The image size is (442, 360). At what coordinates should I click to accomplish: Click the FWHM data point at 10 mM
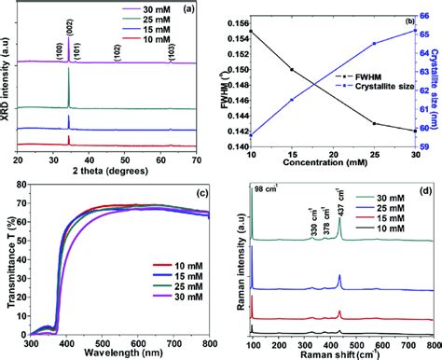tap(252, 32)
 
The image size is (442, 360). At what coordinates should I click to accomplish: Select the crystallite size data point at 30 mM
tap(415, 31)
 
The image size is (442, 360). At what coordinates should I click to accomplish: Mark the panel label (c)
tap(203, 190)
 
